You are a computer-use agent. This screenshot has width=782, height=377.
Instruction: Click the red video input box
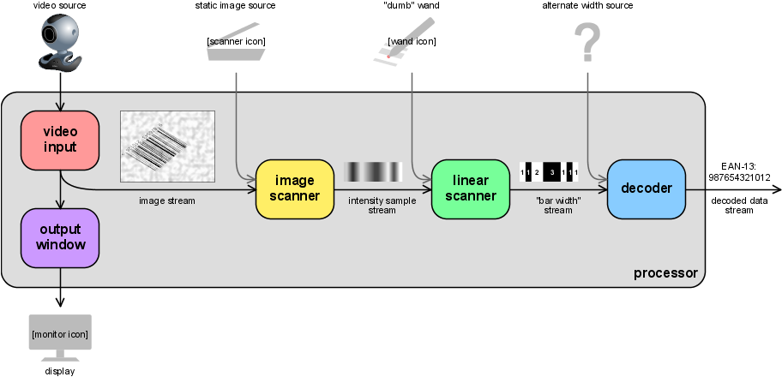pos(60,140)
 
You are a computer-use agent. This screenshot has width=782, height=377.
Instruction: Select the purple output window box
pos(60,237)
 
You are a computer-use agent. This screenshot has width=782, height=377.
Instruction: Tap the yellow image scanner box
pos(295,188)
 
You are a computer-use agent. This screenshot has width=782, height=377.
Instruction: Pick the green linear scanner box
pos(470,188)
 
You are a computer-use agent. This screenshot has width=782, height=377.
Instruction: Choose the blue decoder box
pos(646,188)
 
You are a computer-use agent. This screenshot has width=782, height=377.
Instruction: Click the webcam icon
pos(60,45)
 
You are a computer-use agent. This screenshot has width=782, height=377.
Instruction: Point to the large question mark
pos(587,42)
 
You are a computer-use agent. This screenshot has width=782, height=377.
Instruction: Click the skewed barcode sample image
pos(167,147)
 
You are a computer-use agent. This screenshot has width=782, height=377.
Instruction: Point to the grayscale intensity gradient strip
pos(373,172)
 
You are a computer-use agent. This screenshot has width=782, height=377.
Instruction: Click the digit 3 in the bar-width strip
pos(552,172)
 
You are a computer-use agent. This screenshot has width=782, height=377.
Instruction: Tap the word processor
pos(665,274)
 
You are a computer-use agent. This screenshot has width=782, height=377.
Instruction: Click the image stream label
pos(167,201)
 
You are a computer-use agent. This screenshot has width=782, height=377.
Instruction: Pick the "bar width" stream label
pos(557,206)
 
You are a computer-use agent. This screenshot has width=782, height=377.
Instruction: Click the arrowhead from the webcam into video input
pos(60,106)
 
